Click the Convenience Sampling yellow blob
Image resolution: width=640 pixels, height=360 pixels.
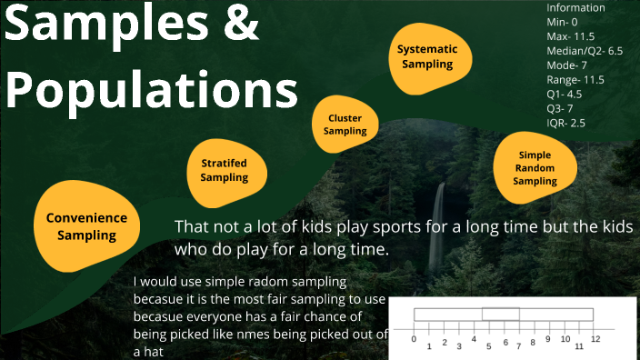tap(86, 226)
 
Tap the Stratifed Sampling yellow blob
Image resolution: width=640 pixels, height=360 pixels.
tap(224, 170)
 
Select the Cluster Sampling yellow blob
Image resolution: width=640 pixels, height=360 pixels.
tap(345, 125)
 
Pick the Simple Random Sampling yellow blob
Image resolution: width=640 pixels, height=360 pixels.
tap(535, 167)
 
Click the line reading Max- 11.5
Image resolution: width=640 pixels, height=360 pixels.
tap(571, 35)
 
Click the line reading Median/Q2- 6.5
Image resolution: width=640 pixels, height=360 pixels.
tap(585, 50)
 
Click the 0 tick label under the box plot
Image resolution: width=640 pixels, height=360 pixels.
tap(414, 339)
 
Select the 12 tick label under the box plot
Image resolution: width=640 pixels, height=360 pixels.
tap(595, 339)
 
